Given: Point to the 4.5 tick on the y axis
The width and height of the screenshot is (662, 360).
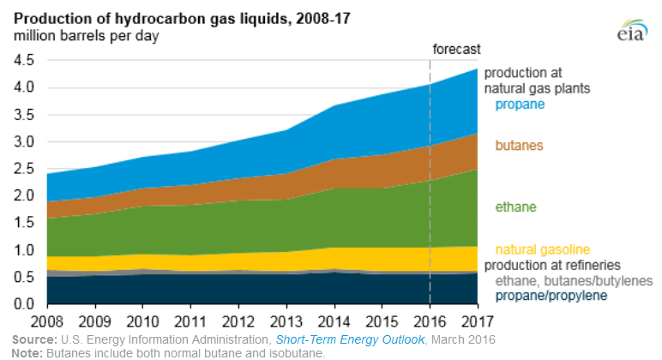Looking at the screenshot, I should click(23, 60).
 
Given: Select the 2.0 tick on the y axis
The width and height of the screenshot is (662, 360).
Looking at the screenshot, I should click(23, 196).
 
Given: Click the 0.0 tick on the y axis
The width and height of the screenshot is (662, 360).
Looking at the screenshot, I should click(23, 304).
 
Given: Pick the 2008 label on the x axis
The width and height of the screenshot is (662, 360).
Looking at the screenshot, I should click(47, 323).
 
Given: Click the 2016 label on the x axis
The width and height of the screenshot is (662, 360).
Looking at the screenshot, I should click(429, 323).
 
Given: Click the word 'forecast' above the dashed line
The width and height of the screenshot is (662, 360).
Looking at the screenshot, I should click(456, 49).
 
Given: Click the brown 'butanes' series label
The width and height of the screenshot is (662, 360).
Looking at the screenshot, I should click(520, 147).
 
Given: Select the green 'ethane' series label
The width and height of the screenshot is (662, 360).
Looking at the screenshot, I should click(517, 207).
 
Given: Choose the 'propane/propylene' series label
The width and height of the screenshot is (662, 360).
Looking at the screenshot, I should click(551, 296).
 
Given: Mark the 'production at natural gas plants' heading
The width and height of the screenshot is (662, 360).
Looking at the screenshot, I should click(549, 81).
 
